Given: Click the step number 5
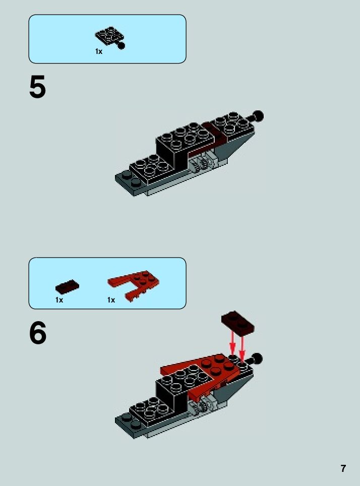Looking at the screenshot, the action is click(x=37, y=87).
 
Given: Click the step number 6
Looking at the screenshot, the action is click(x=38, y=333).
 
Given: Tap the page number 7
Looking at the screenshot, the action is click(x=343, y=468).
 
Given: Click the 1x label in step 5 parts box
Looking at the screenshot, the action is click(x=99, y=52).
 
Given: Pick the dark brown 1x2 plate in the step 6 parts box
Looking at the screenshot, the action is click(x=67, y=286).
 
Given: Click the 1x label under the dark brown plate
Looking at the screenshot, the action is click(x=59, y=300).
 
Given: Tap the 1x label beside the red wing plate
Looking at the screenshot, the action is click(x=111, y=300).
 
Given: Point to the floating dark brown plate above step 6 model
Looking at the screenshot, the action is click(x=237, y=323).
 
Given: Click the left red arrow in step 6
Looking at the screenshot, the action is click(x=232, y=343).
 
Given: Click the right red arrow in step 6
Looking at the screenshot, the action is click(x=242, y=347).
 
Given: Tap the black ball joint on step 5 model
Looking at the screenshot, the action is click(x=258, y=116).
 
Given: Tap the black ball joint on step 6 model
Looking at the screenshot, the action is click(x=257, y=359).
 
